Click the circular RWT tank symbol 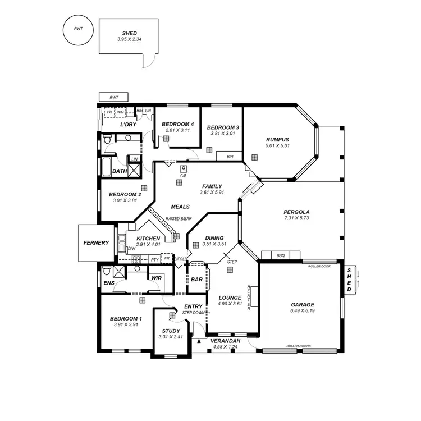pyautogui.click(x=76, y=30)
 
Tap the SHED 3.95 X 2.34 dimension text pyautogui.click(x=129, y=39)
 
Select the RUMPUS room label pyautogui.click(x=277, y=140)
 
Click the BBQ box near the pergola pyautogui.click(x=281, y=255)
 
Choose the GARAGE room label pyautogui.click(x=302, y=305)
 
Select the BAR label pyautogui.click(x=196, y=279)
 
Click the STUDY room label pyautogui.click(x=171, y=331)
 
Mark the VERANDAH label pyautogui.click(x=226, y=341)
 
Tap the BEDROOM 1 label pyautogui.click(x=126, y=319)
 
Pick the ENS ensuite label pyautogui.click(x=109, y=283)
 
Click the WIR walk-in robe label pyautogui.click(x=156, y=277)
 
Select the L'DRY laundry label pyautogui.click(x=129, y=125)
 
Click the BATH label pyautogui.click(x=119, y=171)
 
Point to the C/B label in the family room pyautogui.click(x=183, y=176)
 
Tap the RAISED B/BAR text pyautogui.click(x=179, y=219)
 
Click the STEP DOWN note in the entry pyautogui.click(x=194, y=313)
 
